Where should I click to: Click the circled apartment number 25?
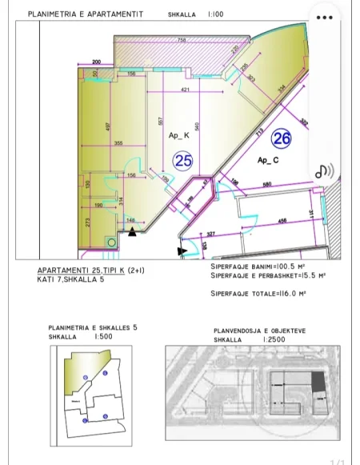183,161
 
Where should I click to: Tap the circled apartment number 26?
281,138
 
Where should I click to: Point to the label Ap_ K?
179,135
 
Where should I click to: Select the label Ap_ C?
266,160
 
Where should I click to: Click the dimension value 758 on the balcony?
182,40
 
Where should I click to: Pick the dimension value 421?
185,90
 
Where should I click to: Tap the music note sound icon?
323,171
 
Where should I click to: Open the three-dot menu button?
324,18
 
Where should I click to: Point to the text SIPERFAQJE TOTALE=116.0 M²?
259,293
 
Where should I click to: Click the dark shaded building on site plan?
318,381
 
